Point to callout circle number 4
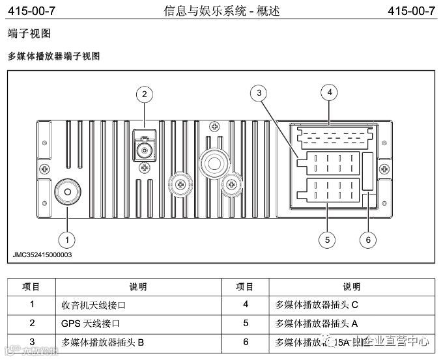tap(330, 92)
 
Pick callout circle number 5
tap(326, 240)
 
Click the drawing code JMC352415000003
tap(42, 255)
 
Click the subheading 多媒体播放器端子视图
tap(53, 57)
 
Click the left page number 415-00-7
tap(31, 11)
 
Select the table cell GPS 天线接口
tap(91, 323)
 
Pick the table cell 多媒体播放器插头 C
tap(317, 305)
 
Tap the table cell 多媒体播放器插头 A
tap(317, 323)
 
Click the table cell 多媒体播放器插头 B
tap(102, 341)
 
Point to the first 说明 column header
tap(138, 286)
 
